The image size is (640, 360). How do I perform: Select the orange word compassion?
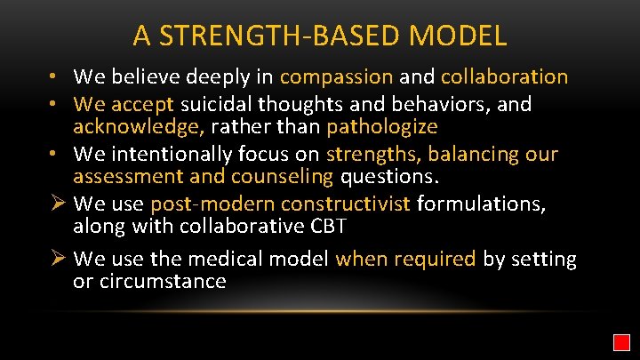point(336,77)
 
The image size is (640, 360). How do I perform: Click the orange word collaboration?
point(504,77)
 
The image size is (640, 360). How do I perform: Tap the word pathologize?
point(382,127)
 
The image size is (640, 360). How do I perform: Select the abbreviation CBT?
point(324,228)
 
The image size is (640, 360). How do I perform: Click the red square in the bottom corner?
point(621,342)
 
